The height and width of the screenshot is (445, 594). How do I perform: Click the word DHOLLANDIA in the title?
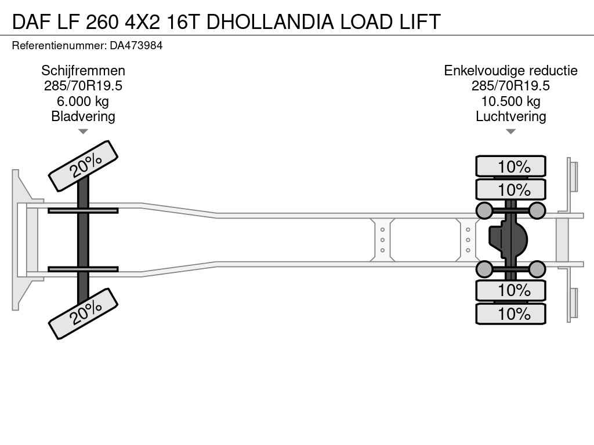click(x=270, y=21)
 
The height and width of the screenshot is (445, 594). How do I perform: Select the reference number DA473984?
click(x=136, y=45)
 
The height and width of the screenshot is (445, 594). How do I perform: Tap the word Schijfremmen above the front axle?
click(x=83, y=71)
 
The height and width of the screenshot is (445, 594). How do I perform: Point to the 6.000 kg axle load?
click(x=83, y=101)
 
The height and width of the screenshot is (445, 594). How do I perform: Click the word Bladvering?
click(x=83, y=116)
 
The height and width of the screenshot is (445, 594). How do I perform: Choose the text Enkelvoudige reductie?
click(x=510, y=71)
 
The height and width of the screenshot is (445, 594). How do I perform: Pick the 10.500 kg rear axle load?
click(x=510, y=101)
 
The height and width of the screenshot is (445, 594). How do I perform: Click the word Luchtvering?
click(x=510, y=116)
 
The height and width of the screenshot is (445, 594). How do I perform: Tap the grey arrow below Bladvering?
click(x=83, y=132)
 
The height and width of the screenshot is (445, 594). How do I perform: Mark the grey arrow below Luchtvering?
click(x=510, y=132)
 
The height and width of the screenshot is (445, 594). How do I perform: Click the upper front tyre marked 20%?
click(x=83, y=166)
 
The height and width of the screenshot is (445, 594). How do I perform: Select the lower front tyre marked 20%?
click(x=83, y=313)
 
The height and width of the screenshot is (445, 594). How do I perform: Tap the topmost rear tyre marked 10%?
click(x=510, y=166)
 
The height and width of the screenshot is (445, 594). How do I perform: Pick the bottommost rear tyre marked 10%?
click(x=510, y=313)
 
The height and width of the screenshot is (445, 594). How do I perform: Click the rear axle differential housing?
click(x=508, y=240)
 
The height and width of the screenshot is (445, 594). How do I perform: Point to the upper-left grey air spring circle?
click(x=484, y=210)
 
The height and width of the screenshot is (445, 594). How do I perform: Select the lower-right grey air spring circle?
click(x=537, y=269)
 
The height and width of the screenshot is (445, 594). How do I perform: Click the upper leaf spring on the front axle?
click(x=83, y=211)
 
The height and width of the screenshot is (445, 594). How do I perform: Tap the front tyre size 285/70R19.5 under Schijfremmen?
click(x=83, y=86)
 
